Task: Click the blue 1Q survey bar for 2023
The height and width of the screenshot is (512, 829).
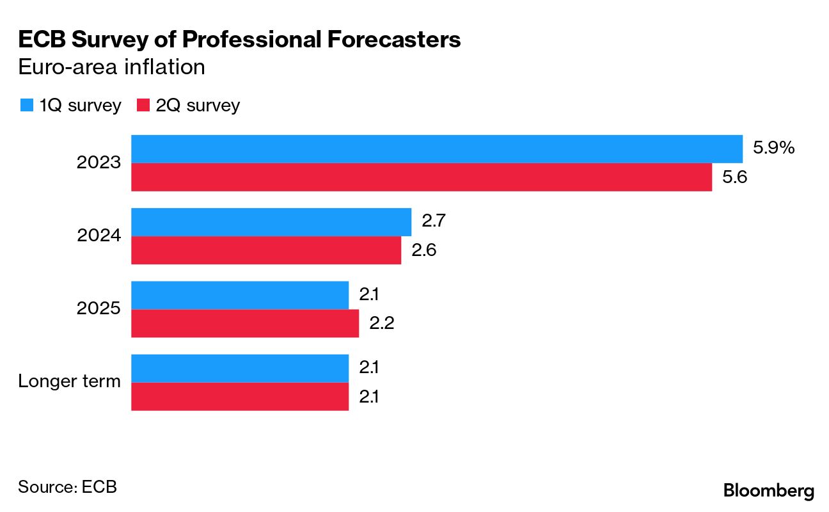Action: click(x=436, y=149)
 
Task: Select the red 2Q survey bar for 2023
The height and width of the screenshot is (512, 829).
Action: click(x=421, y=177)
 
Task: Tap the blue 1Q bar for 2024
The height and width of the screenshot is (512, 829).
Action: click(x=271, y=222)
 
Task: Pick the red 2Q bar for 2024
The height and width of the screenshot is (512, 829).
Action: click(x=265, y=250)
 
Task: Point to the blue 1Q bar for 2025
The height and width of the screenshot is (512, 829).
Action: click(x=239, y=295)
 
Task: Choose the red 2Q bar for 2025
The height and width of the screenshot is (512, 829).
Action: click(x=244, y=323)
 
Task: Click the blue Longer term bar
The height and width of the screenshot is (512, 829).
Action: click(x=239, y=368)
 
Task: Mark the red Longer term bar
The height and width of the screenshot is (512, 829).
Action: click(x=239, y=396)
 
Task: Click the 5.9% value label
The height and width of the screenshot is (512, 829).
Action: click(x=773, y=148)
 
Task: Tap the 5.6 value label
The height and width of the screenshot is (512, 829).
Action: click(x=735, y=177)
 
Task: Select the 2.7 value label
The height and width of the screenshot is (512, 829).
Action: click(x=434, y=221)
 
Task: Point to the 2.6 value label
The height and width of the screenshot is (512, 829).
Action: click(x=423, y=250)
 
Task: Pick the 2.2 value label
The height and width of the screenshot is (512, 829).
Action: click(x=381, y=323)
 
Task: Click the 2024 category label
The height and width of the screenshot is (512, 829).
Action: click(x=99, y=236)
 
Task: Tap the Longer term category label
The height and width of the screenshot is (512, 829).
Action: click(x=69, y=382)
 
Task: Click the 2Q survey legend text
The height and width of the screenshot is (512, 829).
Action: click(x=198, y=106)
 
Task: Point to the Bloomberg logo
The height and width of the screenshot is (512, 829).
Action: click(x=769, y=491)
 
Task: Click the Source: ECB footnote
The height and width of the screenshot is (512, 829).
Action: click(x=67, y=486)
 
